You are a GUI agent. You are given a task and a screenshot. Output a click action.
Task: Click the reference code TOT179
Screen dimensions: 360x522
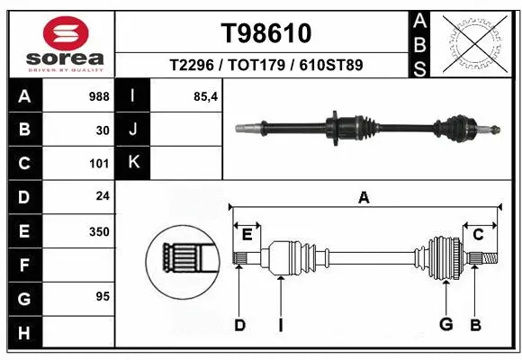pos(266,66)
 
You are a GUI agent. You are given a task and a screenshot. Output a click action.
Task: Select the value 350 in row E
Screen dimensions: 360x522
pos(98,231)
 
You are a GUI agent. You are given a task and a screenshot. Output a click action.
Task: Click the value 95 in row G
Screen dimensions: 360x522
pos(102,296)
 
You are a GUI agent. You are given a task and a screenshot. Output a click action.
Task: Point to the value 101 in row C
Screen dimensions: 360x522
pos(98,164)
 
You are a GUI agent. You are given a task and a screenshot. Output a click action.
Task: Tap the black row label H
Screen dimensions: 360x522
pos(23,333)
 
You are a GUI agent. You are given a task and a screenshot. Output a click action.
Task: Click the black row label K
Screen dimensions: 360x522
pos(133,163)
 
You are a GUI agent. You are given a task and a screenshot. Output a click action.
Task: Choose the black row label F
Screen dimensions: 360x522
pos(23,265)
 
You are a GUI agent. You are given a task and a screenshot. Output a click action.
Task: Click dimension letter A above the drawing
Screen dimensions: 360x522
pos(364,198)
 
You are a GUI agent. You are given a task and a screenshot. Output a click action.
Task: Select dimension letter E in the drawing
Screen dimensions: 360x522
pos(247,235)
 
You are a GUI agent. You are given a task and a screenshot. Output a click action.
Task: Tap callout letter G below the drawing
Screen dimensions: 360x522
pos(445,325)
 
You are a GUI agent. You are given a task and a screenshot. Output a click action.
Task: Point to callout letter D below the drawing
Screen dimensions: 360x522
pos(239,325)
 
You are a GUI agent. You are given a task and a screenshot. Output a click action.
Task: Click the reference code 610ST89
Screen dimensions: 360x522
pos(331,66)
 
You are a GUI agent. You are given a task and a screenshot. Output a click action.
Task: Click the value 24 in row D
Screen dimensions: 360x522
pos(102,197)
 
